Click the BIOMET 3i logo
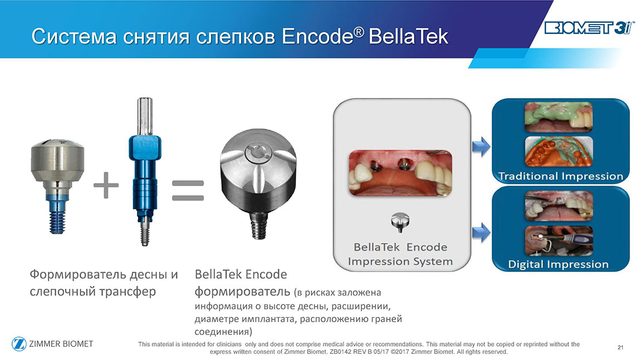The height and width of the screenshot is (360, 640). (x=589, y=28)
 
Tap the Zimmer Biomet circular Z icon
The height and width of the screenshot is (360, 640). (x=19, y=344)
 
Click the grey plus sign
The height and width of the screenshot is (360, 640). (x=106, y=185)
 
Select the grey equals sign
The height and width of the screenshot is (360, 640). (x=188, y=191)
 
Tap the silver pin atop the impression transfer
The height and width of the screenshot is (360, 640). (x=145, y=116)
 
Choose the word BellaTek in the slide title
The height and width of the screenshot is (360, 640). (x=408, y=37)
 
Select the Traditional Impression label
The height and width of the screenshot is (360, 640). (x=560, y=176)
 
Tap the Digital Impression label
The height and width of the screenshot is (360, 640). (x=558, y=264)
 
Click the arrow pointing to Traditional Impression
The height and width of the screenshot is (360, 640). (x=481, y=146)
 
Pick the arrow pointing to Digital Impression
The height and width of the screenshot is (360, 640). (x=481, y=233)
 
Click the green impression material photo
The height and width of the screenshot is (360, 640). (x=558, y=117)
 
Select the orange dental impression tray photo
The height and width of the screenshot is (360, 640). (x=558, y=151)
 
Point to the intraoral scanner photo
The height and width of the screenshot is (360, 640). (x=558, y=241)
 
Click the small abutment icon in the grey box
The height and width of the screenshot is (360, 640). (x=400, y=221)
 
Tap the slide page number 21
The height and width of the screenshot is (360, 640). (x=621, y=347)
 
